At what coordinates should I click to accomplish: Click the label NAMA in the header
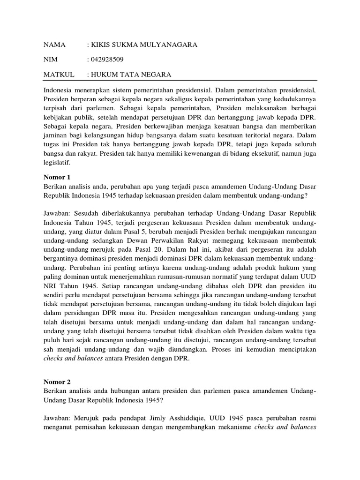click(x=56, y=45)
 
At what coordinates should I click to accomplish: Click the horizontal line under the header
click(x=180, y=81)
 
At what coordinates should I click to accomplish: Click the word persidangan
click(x=82, y=318)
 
